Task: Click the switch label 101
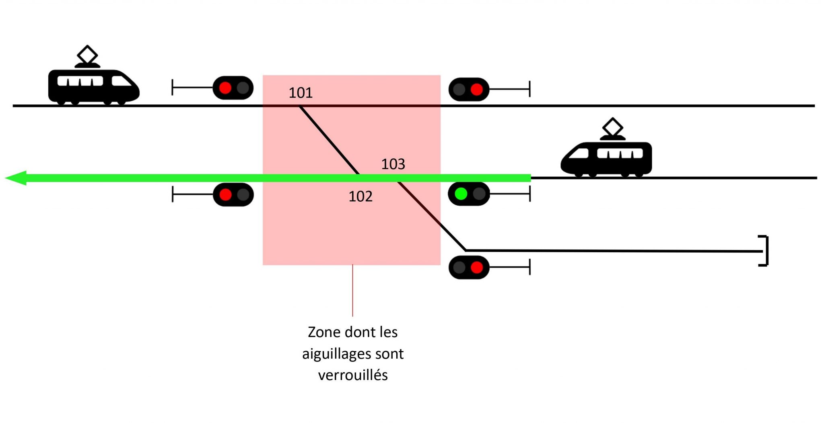(301, 93)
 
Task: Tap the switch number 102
(360, 196)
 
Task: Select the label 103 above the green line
(393, 164)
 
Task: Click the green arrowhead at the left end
(16, 178)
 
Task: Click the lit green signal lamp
(461, 194)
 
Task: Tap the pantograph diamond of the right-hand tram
(612, 127)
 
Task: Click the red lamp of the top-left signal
(225, 88)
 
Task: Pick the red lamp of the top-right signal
(477, 89)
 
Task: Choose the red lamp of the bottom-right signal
(477, 267)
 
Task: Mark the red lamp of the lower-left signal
(225, 195)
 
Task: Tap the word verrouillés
(353, 375)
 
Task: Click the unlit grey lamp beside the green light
(479, 194)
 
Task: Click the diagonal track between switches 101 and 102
(329, 140)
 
